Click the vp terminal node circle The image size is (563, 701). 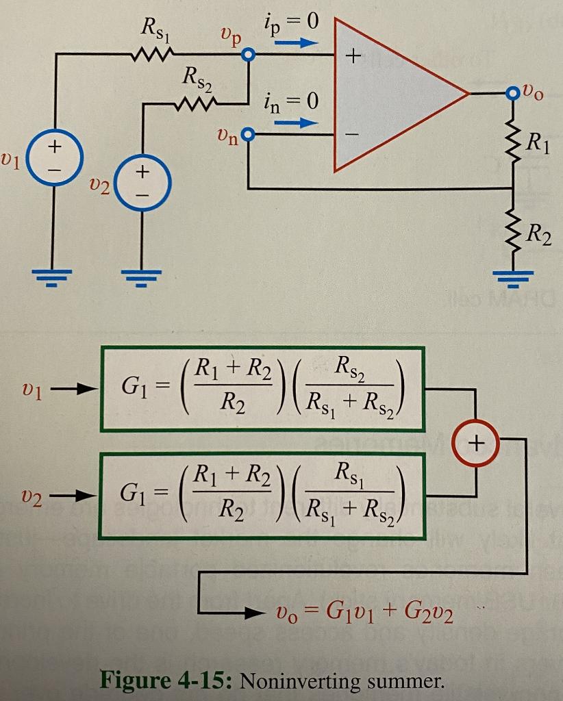pyautogui.click(x=249, y=55)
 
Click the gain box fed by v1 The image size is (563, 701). pyautogui.click(x=263, y=389)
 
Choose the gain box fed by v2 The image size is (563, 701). pyautogui.click(x=263, y=495)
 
